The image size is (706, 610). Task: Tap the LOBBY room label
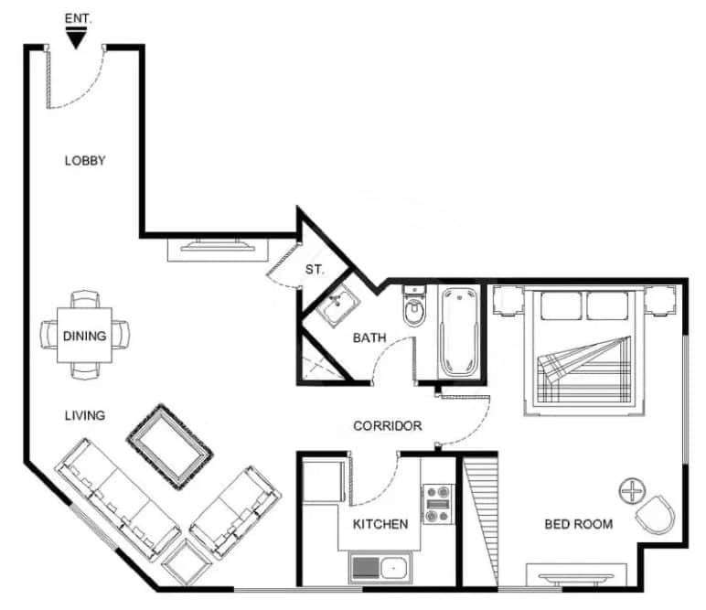pos(85,161)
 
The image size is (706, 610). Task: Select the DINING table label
pos(85,336)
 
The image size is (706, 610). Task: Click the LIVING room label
pos(85,415)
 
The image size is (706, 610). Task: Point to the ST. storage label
pos(315,270)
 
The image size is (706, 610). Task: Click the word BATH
pos(369,337)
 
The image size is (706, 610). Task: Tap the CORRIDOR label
pos(388,426)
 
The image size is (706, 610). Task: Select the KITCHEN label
pos(380,524)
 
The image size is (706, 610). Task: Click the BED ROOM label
pos(579,524)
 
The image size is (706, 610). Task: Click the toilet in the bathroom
pos(414,306)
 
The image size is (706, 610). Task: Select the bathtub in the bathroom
pos(460,333)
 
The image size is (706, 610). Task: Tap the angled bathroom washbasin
pos(337,305)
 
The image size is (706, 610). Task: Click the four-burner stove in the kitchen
pos(438,504)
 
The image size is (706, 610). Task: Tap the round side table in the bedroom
pos(632,491)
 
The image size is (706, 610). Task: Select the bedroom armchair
pos(656,515)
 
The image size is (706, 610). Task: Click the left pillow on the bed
pos(561,306)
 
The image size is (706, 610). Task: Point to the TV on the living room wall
pos(218,246)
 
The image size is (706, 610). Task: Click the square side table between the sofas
pos(187,562)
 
